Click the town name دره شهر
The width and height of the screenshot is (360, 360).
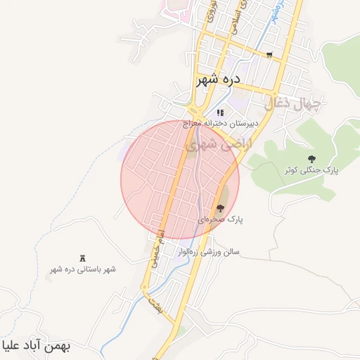coord(218,79)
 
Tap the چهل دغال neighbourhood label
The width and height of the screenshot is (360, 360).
coord(292,105)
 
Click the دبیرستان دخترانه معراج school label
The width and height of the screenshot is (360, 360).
coord(220,123)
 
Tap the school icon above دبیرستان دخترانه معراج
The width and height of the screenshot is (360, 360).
coord(220,112)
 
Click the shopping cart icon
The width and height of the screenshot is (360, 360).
coord(269,54)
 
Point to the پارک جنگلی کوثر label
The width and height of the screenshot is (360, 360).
coord(311,170)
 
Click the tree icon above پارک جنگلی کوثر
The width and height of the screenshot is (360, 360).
coord(311,159)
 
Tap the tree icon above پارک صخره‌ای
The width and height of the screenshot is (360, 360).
coord(220,208)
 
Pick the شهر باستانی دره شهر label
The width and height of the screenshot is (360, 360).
coord(83,269)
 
